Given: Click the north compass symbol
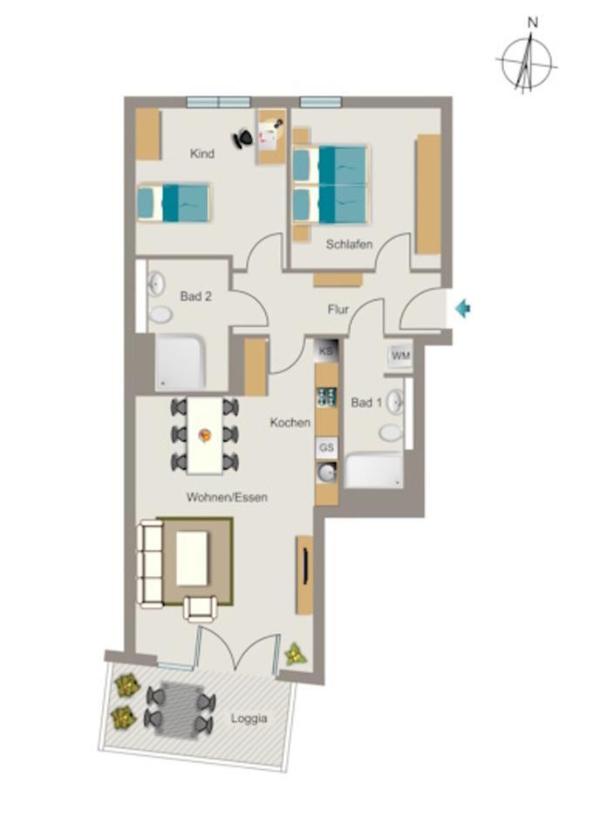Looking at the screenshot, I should (526, 63).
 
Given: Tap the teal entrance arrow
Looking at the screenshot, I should (463, 308).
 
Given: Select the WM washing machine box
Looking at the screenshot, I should (400, 356).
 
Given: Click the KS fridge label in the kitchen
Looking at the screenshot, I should (327, 350).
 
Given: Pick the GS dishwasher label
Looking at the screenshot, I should (327, 447).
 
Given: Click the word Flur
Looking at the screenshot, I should (338, 310).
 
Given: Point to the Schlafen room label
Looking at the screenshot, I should (349, 245).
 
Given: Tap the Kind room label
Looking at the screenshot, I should (202, 154).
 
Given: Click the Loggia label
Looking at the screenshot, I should (249, 719).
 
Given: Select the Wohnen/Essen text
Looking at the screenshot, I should (227, 498).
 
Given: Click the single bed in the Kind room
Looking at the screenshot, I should (174, 202).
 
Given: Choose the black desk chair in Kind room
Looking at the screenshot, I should (245, 137).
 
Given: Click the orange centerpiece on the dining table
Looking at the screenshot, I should (206, 433).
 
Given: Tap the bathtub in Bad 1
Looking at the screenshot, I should (374, 471).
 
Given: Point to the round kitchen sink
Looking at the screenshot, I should (327, 473).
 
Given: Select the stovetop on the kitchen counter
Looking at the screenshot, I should (327, 398).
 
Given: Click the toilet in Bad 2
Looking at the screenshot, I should (160, 314).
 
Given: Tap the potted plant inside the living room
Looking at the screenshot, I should (295, 654).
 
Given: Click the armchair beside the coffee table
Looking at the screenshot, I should (201, 607).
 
